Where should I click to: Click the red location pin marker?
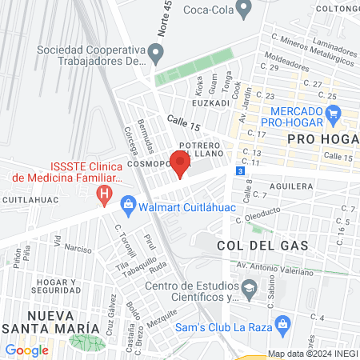point(180,162)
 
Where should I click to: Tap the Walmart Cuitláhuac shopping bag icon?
point(128,206)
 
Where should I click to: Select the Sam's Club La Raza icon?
point(281,324)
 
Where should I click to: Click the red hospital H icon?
point(103,194)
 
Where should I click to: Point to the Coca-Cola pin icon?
point(246,7)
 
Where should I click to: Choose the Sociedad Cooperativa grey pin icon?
point(156,54)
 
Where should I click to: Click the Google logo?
point(27,350)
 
